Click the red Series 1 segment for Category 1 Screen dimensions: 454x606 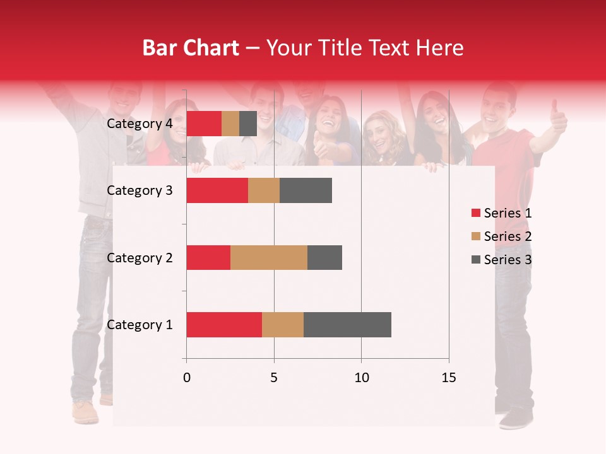[x=224, y=325]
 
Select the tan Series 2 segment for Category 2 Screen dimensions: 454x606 [x=269, y=257]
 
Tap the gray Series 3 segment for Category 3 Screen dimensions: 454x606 [x=306, y=190]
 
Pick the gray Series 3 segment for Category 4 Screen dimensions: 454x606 [x=248, y=124]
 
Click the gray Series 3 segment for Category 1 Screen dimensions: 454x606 [x=347, y=325]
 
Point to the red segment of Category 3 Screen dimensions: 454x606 [x=217, y=190]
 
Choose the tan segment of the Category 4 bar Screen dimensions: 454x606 [x=230, y=124]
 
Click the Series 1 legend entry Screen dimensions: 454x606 [x=501, y=213]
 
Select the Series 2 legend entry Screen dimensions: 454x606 [x=501, y=236]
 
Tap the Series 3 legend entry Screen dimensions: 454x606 [x=501, y=260]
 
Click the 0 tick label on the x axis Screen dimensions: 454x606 [x=186, y=378]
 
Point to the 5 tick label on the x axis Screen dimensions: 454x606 [x=274, y=378]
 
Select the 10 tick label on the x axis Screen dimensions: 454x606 [x=361, y=378]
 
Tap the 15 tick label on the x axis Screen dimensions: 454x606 [x=448, y=378]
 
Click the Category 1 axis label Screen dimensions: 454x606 [x=140, y=325]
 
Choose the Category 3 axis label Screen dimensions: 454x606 [x=140, y=190]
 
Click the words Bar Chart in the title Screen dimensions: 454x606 [x=191, y=48]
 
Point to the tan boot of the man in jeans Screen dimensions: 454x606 [x=85, y=413]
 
